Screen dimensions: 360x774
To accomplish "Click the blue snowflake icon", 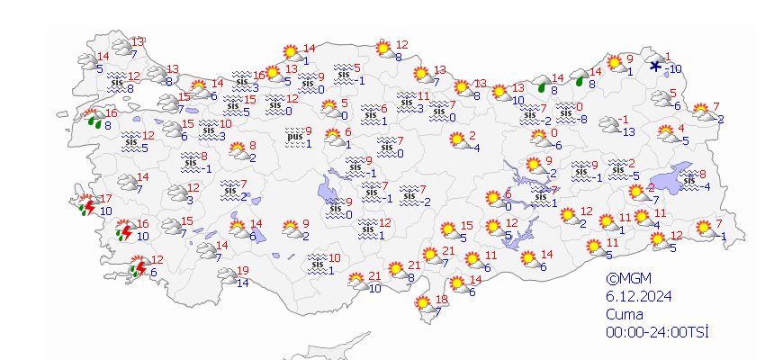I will coord(656,65).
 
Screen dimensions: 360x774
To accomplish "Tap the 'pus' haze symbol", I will coord(294,138).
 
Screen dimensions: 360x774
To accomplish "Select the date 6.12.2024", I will coord(638,297).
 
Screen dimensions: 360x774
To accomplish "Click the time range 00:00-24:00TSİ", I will coord(657,332).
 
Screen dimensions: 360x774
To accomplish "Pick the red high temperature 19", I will coord(242,271).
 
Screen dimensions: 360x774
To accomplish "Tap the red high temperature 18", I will coord(441,300).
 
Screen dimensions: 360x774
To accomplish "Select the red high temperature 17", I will coord(106,199).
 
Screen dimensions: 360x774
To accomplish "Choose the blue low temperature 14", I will coord(242,283).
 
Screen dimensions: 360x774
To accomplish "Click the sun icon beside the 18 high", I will coord(425,306).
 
